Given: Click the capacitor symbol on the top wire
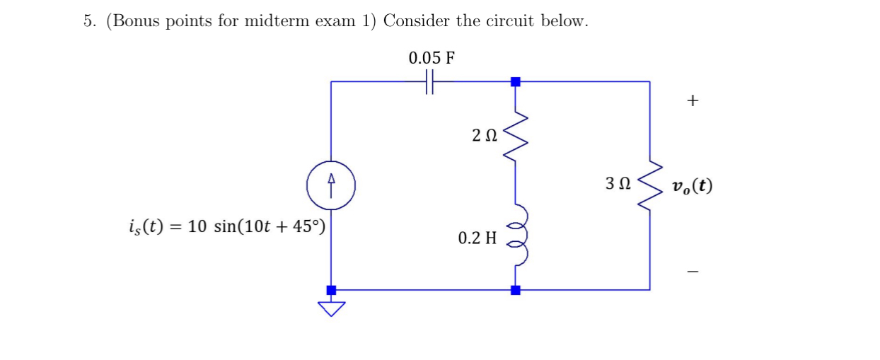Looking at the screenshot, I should pyautogui.click(x=429, y=81).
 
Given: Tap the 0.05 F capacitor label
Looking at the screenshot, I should pyautogui.click(x=431, y=58).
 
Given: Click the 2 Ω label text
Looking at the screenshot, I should pyautogui.click(x=485, y=134).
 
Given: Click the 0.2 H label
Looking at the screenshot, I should pyautogui.click(x=477, y=238).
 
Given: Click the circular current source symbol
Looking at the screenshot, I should pyautogui.click(x=331, y=185).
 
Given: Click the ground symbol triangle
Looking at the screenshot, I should pyautogui.click(x=331, y=308).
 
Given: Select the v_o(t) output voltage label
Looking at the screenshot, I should pyautogui.click(x=693, y=186).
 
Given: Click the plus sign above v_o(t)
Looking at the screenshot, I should pyautogui.click(x=692, y=101).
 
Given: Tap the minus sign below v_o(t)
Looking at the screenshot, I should pyautogui.click(x=692, y=271).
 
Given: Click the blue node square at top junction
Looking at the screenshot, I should pyautogui.click(x=516, y=81).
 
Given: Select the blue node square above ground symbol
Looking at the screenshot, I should pyautogui.click(x=331, y=290).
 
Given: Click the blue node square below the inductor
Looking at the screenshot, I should pyautogui.click(x=516, y=290).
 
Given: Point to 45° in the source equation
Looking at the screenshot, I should pyautogui.click(x=308, y=226).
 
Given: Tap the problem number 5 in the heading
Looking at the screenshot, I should pyautogui.click(x=88, y=21).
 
